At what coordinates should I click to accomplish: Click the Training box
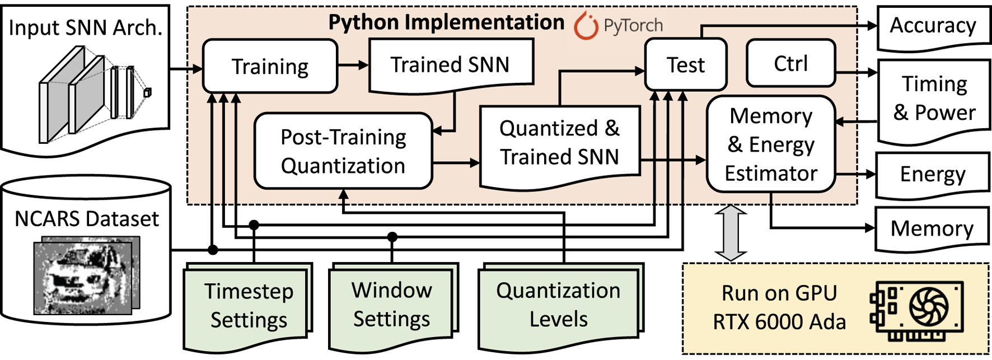(x=270, y=66)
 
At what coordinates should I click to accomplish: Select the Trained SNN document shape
(x=451, y=65)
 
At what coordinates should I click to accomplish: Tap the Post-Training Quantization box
(x=343, y=151)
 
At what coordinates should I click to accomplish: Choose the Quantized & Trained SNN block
(x=559, y=143)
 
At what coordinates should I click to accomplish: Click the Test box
(x=686, y=65)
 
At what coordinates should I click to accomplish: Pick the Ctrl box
(x=790, y=63)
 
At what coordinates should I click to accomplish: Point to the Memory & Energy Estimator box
(x=771, y=144)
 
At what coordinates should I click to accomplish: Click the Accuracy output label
(x=933, y=26)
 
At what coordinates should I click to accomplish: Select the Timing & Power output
(x=933, y=99)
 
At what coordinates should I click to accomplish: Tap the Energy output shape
(x=932, y=174)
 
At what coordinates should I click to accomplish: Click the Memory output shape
(x=932, y=228)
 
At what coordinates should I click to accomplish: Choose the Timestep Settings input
(x=248, y=306)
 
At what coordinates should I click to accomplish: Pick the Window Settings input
(x=391, y=305)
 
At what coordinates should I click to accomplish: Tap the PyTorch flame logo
(x=586, y=25)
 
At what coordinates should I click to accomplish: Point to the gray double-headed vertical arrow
(x=731, y=233)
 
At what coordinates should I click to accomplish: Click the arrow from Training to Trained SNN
(x=353, y=65)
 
